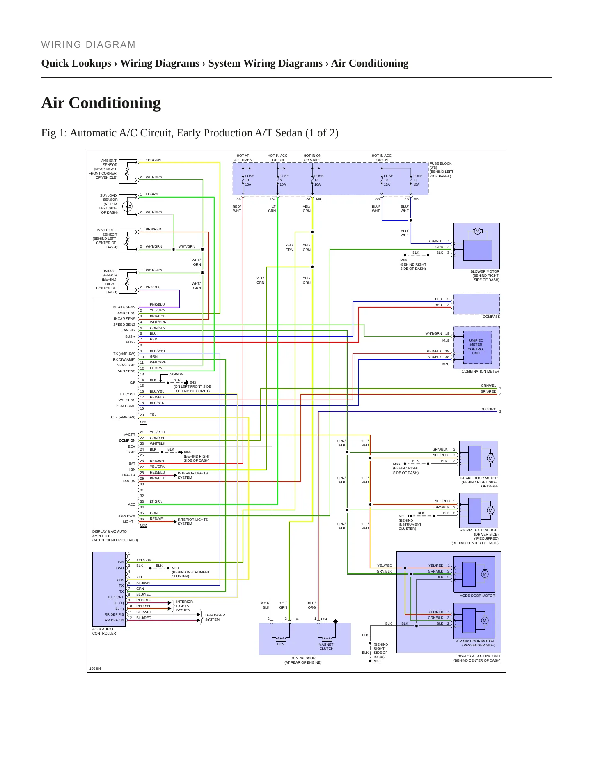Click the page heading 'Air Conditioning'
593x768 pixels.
tap(101, 103)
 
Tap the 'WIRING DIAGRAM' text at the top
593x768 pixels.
tap(88, 45)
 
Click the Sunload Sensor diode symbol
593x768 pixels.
tap(128, 206)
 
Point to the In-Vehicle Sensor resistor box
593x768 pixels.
tap(128, 240)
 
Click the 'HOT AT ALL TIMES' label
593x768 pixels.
tap(243, 158)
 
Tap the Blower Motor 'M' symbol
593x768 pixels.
tap(477, 231)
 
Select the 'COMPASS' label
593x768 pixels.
tap(491, 317)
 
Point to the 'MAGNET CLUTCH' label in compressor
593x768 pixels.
tap(326, 646)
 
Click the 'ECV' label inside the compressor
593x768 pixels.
tap(281, 644)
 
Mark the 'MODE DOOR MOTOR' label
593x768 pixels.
tap(477, 596)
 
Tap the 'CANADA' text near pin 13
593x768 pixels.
tap(176, 374)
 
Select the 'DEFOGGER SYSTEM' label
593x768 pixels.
tap(215, 617)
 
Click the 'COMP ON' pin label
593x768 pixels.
tap(127, 441)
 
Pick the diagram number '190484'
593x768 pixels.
tap(95, 669)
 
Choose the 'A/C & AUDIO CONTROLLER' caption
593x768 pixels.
tap(104, 631)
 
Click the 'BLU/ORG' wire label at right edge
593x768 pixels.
tap(488, 409)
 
